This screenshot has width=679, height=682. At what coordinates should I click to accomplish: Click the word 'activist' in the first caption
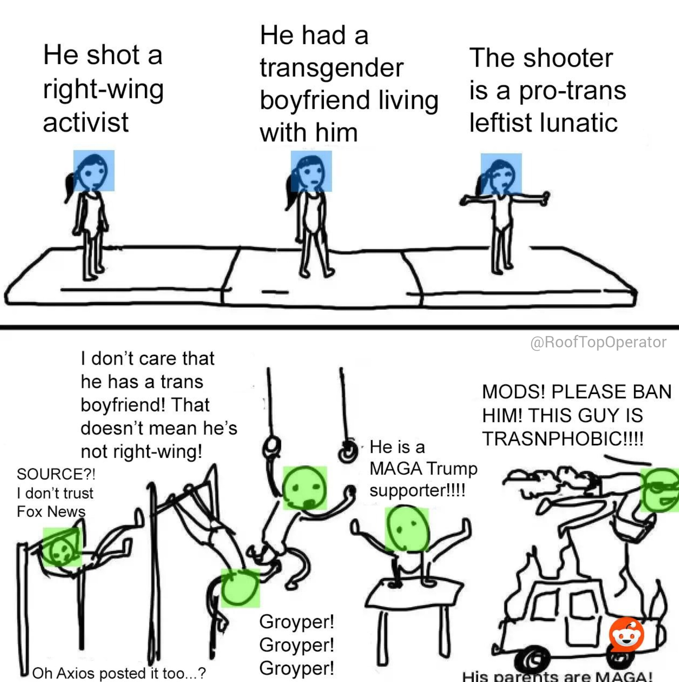click(x=86, y=122)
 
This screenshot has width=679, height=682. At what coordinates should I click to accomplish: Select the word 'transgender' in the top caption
click(x=332, y=68)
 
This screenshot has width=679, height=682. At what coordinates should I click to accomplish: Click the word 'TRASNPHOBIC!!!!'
click(x=563, y=438)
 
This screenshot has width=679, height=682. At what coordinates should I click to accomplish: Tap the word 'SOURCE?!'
click(x=56, y=474)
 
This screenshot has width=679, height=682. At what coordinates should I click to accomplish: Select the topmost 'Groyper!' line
click(x=297, y=621)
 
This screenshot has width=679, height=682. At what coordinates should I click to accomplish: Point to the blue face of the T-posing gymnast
click(x=501, y=174)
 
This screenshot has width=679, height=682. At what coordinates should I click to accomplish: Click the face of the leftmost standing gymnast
click(x=94, y=170)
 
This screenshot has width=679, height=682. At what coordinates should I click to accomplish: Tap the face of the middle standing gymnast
click(x=311, y=171)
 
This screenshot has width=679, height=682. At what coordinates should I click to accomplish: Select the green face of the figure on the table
click(x=407, y=529)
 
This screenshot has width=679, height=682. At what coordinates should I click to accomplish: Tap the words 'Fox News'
click(x=51, y=511)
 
